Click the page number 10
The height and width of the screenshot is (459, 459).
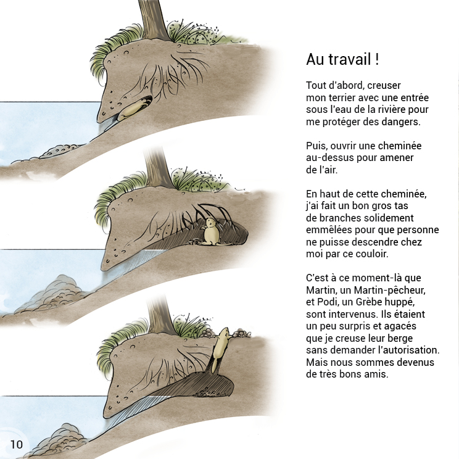coord(17,444)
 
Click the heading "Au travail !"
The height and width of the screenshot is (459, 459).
coord(342,59)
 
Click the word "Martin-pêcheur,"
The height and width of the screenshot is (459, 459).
coord(390,290)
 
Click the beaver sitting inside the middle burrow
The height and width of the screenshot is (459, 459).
coord(210,232)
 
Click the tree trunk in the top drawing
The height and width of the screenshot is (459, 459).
coord(153,20)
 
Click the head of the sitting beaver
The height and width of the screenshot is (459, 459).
coord(211,223)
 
